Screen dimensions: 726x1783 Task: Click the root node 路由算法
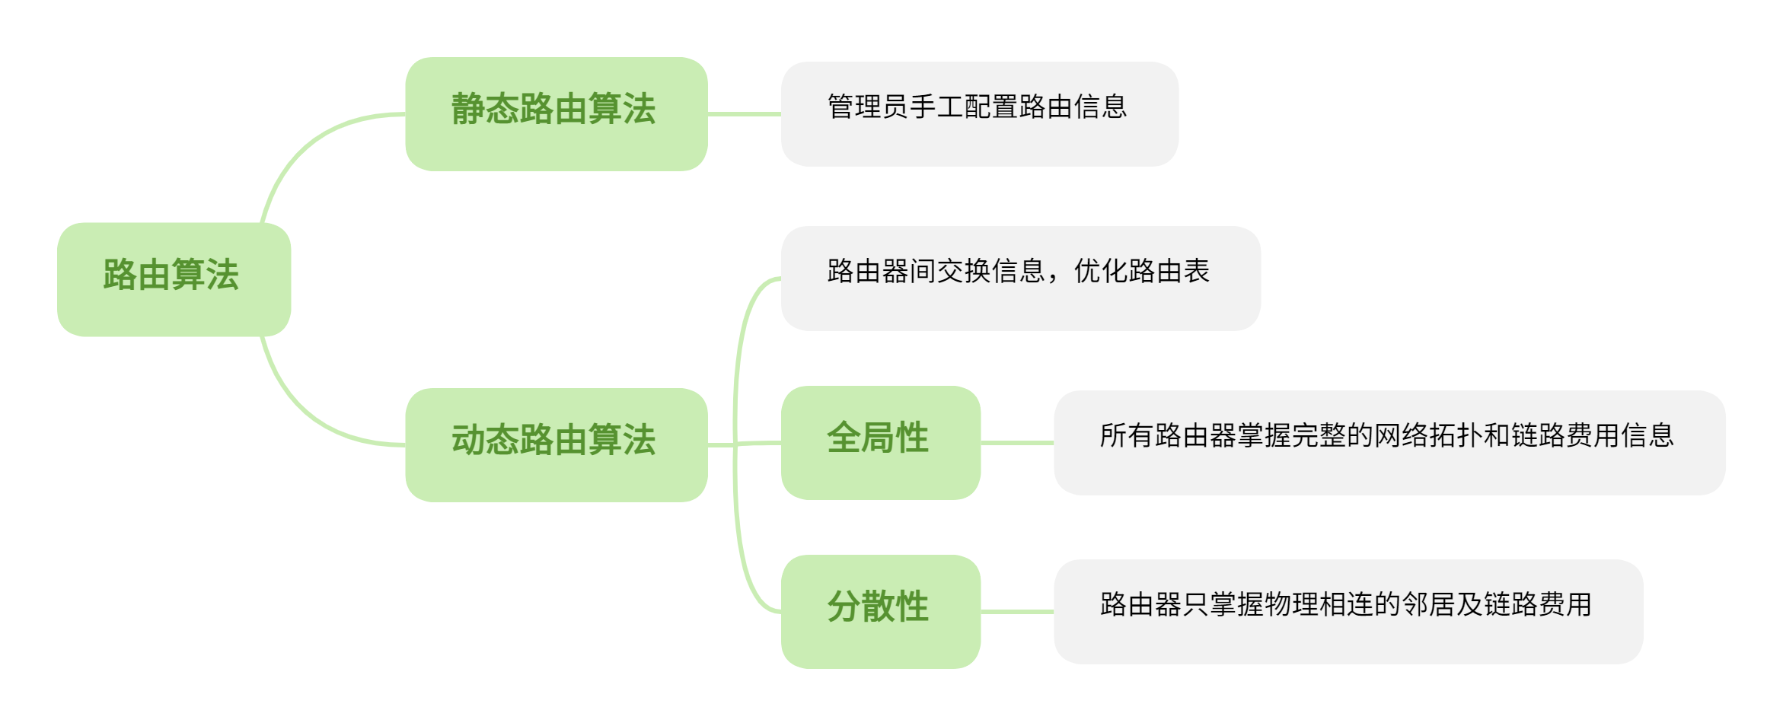coord(174,279)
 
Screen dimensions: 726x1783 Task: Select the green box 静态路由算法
coord(556,113)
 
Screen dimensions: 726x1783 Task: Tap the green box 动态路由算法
coord(556,444)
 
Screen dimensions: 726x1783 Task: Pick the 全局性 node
coord(880,442)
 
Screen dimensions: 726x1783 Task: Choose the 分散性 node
coord(880,611)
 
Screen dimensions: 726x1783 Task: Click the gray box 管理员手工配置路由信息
coord(979,113)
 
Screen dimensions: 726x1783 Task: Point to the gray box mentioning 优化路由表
coord(1020,278)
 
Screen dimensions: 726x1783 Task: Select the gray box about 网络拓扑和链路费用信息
coord(1389,442)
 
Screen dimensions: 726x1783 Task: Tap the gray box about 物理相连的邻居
coord(1348,611)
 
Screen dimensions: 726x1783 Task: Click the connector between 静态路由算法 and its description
coord(744,114)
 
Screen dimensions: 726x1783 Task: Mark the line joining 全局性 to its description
coord(1016,442)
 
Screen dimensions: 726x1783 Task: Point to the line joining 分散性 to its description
coord(1016,611)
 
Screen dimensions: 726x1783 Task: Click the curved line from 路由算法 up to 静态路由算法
coord(305,148)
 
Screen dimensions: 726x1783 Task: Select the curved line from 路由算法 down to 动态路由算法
coord(305,411)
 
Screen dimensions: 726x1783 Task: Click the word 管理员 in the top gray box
coord(868,107)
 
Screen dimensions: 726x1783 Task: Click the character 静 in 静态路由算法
coord(468,109)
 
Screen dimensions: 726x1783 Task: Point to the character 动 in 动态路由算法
coord(468,440)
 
